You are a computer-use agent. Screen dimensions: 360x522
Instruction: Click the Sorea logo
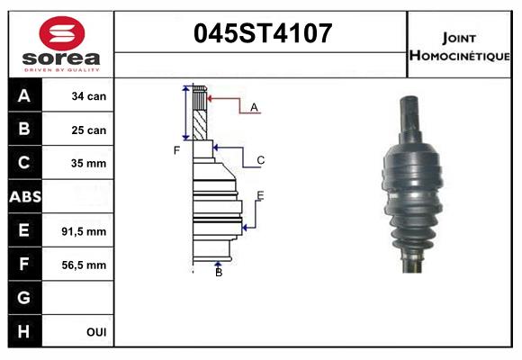(61, 43)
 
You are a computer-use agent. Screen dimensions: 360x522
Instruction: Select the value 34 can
(89, 96)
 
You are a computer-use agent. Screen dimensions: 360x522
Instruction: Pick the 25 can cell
(89, 130)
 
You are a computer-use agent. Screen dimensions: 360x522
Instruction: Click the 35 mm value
(89, 164)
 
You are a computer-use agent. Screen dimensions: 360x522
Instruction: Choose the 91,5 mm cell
(84, 231)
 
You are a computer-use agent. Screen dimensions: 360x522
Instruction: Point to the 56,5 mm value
(84, 265)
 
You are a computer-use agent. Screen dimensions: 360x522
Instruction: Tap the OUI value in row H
(96, 332)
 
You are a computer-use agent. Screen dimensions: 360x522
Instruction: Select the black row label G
(23, 298)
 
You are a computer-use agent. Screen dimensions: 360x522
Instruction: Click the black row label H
(23, 332)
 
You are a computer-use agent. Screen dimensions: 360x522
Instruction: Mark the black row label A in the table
(23, 96)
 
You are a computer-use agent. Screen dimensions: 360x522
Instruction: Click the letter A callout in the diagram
(255, 108)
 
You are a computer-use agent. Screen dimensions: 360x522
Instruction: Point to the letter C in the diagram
(260, 161)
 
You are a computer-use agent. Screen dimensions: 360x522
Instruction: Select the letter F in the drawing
(177, 149)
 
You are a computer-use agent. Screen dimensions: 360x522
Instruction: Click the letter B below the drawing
(219, 273)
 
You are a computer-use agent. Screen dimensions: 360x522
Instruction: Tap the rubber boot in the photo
(416, 193)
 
